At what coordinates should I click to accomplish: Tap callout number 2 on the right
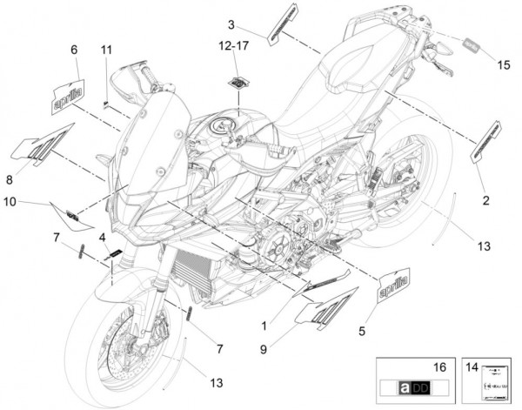click(x=485, y=200)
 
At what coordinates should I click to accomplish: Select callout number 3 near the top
click(x=232, y=24)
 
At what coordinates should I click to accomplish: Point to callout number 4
click(x=102, y=236)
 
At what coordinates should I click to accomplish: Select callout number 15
click(x=505, y=64)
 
